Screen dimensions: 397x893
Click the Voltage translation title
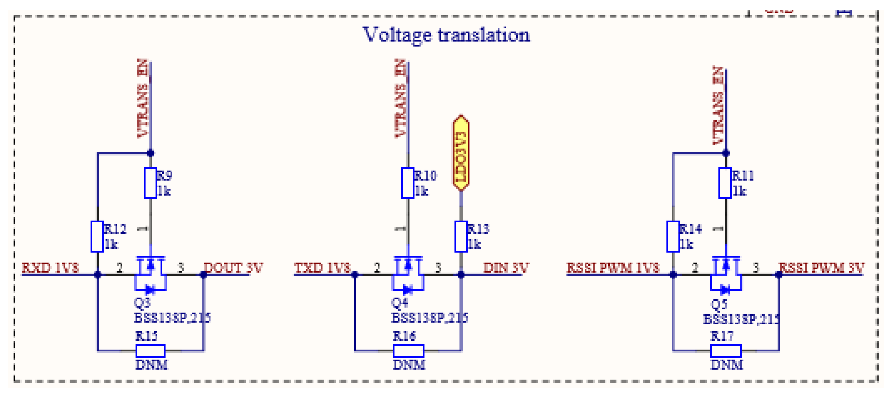(446, 35)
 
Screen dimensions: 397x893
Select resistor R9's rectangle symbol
(150, 183)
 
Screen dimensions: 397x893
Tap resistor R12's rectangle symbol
(97, 236)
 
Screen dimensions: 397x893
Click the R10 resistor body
(408, 183)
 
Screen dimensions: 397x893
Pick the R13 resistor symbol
(461, 236)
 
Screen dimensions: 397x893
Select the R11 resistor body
(725, 183)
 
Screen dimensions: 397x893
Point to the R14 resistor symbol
(673, 236)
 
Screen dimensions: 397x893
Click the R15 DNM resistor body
(150, 351)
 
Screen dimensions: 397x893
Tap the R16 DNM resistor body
(408, 351)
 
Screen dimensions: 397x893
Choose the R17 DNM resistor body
(726, 351)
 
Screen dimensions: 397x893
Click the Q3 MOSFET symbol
(150, 274)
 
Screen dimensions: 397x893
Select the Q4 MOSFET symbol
(408, 274)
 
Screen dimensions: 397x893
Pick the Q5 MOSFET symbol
(726, 274)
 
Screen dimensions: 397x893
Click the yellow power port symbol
(461, 153)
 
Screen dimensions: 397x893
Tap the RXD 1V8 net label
(50, 268)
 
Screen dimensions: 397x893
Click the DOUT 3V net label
(233, 268)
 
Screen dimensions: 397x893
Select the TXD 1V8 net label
(322, 268)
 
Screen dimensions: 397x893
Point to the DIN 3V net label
(506, 268)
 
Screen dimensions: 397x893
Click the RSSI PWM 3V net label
(821, 268)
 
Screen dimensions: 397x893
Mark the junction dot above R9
(150, 153)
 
